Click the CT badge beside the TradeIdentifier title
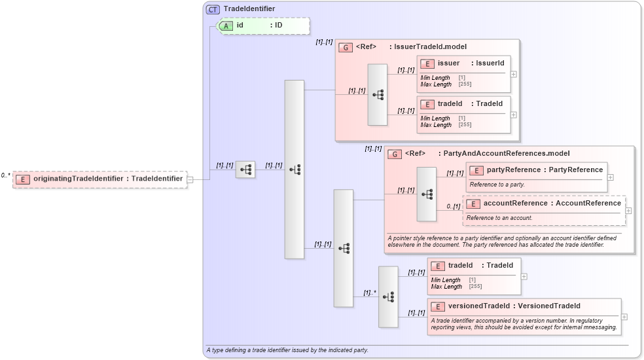click(213, 9)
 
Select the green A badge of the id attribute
click(226, 26)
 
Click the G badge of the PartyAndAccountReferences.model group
click(395, 154)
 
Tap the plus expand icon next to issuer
click(514, 74)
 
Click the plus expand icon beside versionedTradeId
click(624, 317)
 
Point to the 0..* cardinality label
click(6, 175)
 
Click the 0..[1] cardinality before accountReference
click(453, 207)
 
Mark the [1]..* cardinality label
click(370, 293)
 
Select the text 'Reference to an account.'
click(499, 217)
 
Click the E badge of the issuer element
click(427, 63)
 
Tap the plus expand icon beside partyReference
click(611, 177)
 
